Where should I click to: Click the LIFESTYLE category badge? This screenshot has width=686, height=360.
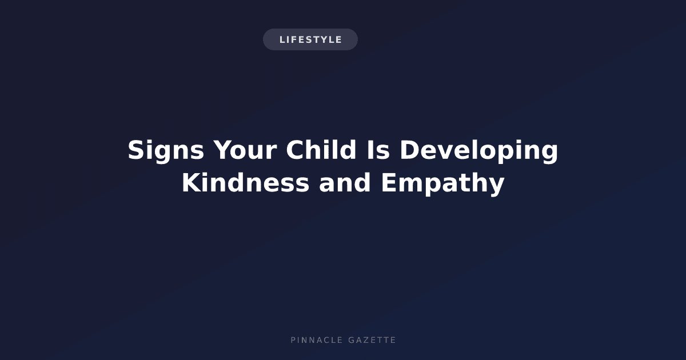(310, 39)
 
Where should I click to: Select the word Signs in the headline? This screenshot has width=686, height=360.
(166, 151)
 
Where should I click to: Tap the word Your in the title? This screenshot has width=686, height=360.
(245, 149)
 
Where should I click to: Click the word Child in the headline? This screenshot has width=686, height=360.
(321, 149)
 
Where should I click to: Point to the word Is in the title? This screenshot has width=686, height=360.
(378, 149)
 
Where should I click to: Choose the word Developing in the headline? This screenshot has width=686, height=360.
(479, 151)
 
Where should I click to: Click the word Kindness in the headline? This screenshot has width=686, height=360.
(245, 182)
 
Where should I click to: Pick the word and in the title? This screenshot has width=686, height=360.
(345, 182)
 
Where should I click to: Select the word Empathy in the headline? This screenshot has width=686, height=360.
(442, 183)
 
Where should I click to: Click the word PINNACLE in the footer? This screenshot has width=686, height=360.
(317, 340)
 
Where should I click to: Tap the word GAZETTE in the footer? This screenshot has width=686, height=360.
(372, 340)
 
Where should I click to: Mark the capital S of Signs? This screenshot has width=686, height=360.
(136, 149)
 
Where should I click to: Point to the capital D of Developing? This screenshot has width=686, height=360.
(409, 149)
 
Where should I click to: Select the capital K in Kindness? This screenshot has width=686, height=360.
(192, 182)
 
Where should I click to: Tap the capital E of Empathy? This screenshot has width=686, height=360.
(389, 182)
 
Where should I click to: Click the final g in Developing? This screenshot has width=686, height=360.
(550, 154)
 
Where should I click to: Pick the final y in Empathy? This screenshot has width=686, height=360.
(496, 187)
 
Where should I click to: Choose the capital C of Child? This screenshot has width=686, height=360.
(295, 149)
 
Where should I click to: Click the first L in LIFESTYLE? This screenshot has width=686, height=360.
(282, 40)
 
